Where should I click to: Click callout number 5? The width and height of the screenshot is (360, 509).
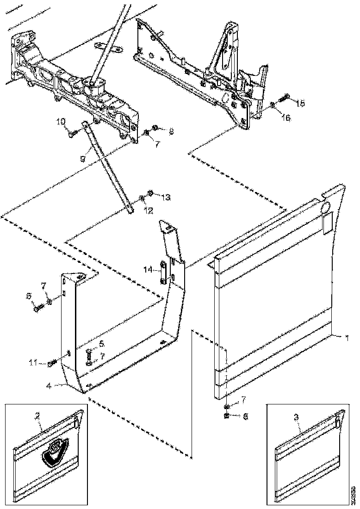(x=102, y=344)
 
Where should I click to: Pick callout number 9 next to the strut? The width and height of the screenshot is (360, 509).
(x=82, y=159)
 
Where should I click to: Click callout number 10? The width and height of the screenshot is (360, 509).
(x=61, y=121)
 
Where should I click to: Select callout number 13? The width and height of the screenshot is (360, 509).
(x=166, y=197)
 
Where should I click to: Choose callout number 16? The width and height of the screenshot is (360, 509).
(x=286, y=118)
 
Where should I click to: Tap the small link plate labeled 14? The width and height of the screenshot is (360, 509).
(x=164, y=274)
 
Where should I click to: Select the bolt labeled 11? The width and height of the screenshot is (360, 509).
(x=51, y=364)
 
